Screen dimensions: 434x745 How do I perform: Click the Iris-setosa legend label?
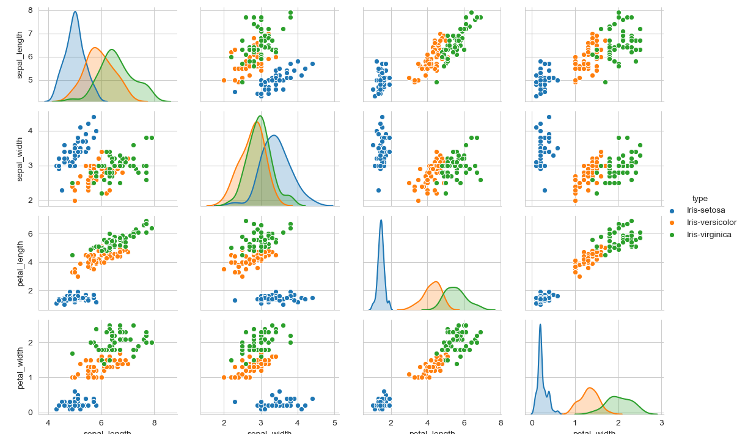point(706,210)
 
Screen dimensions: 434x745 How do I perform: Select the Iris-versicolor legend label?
point(711,223)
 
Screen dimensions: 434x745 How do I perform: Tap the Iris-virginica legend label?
point(709,235)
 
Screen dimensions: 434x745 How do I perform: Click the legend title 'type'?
point(700,199)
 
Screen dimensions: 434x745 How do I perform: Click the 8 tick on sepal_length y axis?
point(30,10)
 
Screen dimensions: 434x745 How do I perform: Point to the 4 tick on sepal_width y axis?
point(30,131)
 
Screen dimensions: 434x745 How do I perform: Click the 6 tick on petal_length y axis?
point(30,234)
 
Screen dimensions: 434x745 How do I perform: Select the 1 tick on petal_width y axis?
point(30,377)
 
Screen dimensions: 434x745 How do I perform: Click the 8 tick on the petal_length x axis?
point(501,422)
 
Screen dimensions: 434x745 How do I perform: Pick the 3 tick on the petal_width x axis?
point(661,422)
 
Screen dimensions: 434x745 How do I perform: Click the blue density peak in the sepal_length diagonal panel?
point(75,12)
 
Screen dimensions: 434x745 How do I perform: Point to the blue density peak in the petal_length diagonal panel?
point(381,221)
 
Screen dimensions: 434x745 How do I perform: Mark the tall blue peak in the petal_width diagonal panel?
point(540,325)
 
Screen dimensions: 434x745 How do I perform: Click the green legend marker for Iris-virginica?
point(672,235)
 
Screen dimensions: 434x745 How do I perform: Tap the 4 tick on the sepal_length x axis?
point(49,422)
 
